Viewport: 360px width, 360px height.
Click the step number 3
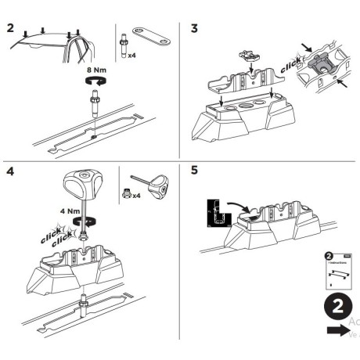195,29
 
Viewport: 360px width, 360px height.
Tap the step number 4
9,171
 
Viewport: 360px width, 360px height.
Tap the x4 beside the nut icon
136,195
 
